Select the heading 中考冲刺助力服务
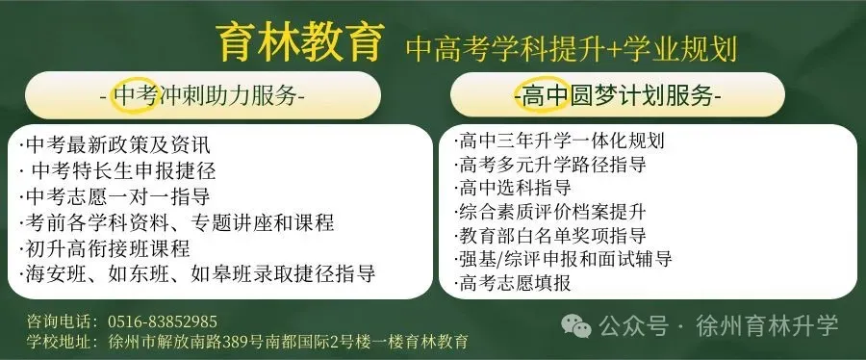point(201,96)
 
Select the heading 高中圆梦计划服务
point(617,96)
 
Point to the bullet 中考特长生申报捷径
point(116,172)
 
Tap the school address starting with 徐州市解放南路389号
point(288,342)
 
